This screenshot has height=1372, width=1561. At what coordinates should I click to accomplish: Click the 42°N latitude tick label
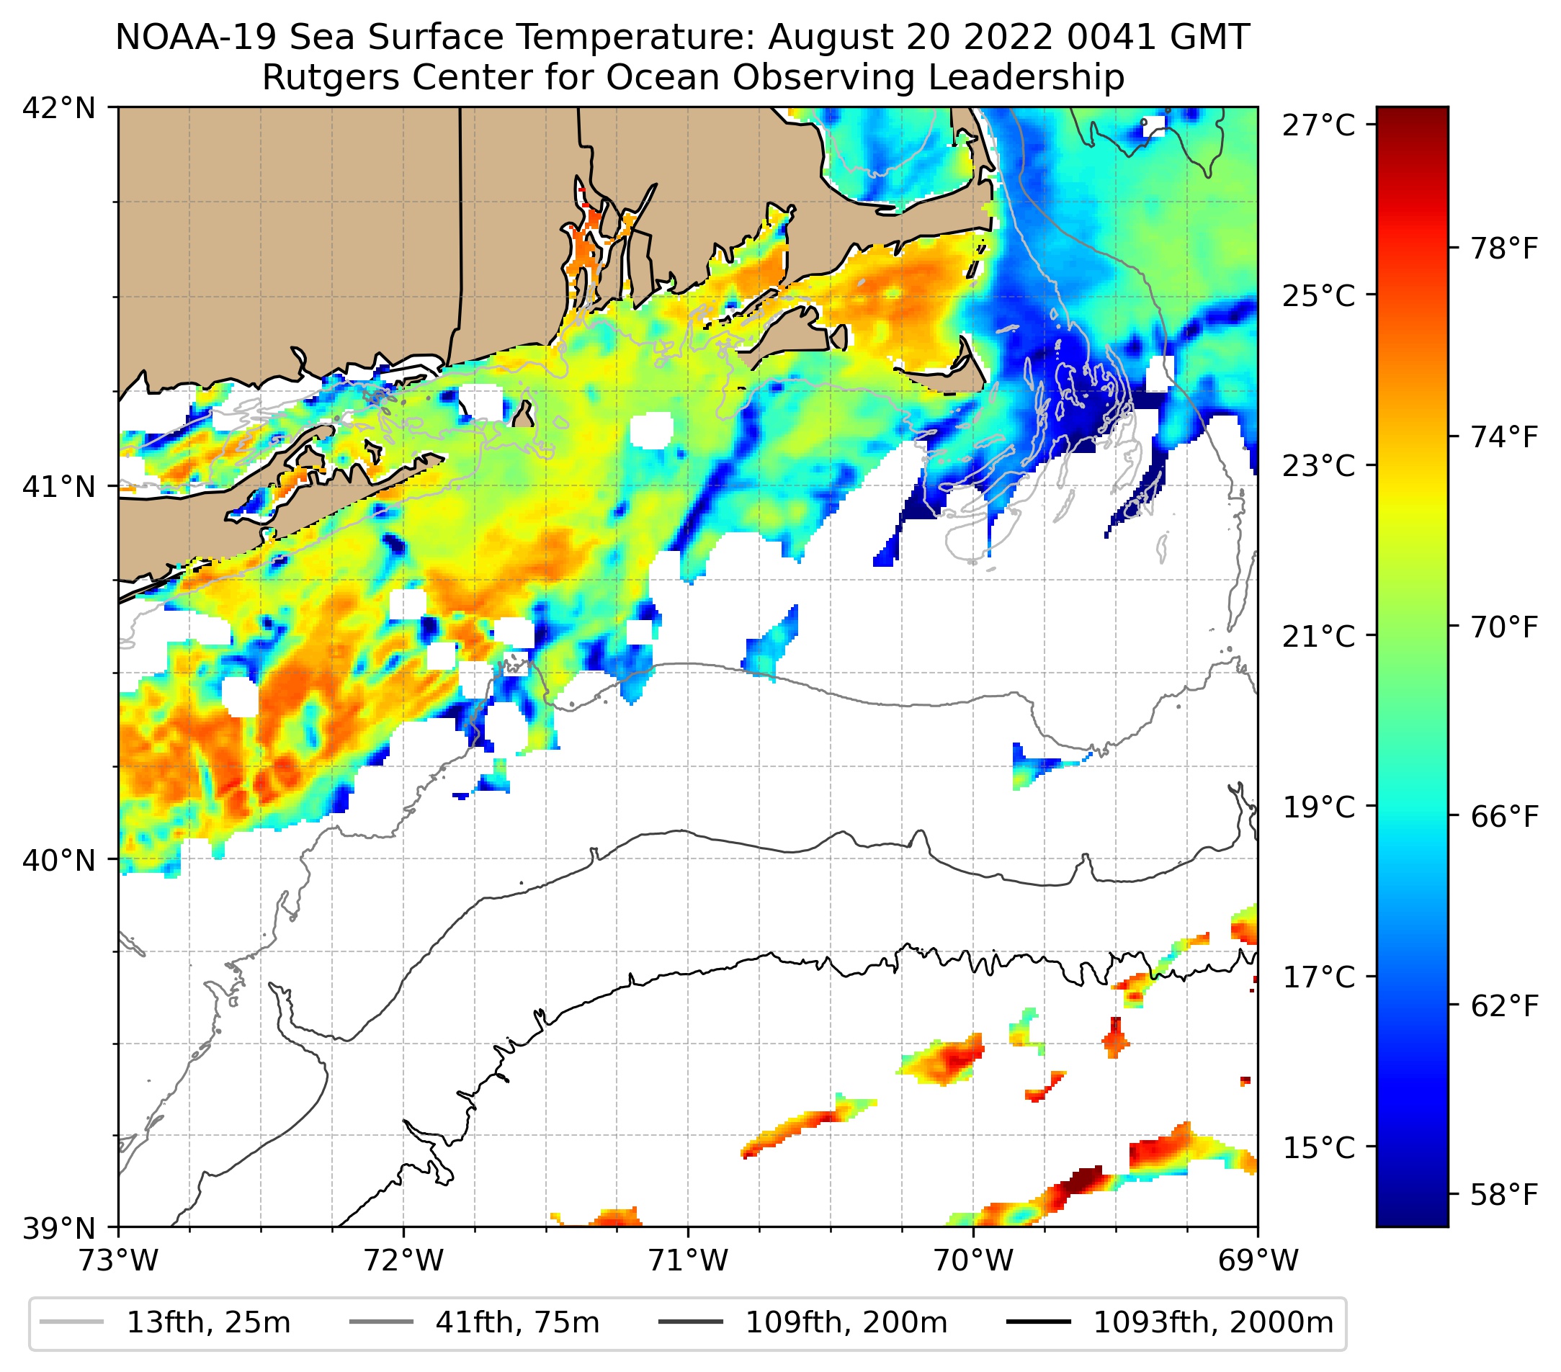click(59, 109)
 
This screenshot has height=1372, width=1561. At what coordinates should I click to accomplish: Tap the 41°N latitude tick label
click(59, 486)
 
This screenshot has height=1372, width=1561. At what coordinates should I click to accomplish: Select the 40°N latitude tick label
click(59, 861)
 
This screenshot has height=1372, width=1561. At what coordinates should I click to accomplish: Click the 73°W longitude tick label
click(118, 1260)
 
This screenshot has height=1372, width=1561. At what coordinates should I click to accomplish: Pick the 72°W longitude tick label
click(403, 1260)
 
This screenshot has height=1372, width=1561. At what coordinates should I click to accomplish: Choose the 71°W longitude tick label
click(688, 1260)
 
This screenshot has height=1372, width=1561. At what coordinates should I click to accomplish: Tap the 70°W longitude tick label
click(974, 1260)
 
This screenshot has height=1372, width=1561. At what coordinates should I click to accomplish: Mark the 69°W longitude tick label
click(1258, 1260)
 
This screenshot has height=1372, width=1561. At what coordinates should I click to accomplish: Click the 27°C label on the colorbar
click(1319, 125)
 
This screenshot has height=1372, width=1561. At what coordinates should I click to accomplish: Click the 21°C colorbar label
click(1319, 636)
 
